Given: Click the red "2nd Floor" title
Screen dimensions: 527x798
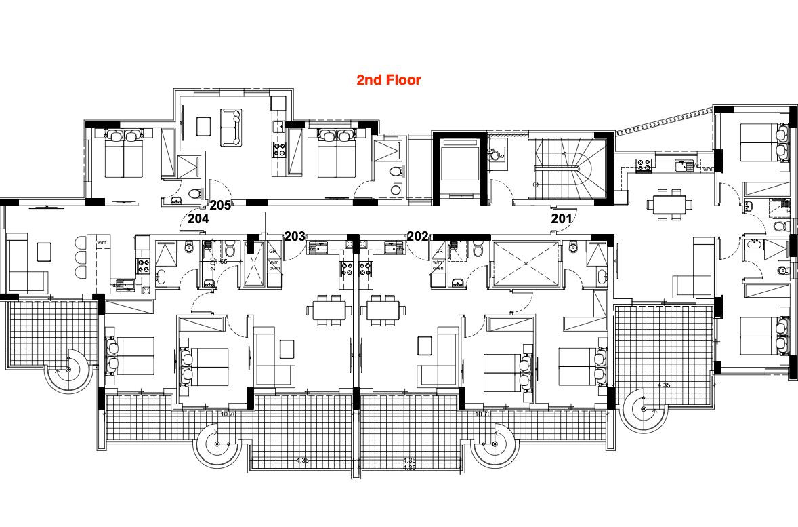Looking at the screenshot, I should [389, 80].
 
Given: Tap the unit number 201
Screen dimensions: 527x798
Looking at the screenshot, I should [561, 218].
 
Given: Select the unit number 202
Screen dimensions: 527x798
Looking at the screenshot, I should [417, 236].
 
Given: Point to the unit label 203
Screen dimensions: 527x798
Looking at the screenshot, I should [295, 236].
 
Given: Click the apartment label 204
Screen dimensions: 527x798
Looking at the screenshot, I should [198, 218].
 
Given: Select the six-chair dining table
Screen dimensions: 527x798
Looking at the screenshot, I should [669, 204].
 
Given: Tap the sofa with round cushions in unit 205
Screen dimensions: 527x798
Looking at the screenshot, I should [231, 126].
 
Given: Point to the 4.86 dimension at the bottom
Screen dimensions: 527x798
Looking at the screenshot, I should [409, 468].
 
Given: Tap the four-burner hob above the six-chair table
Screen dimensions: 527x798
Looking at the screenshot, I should [642, 164].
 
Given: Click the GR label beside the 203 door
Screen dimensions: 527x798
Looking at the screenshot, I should [273, 251].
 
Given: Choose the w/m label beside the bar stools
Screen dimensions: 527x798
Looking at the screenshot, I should [102, 242].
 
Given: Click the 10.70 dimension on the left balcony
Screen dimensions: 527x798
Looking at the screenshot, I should [229, 414].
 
